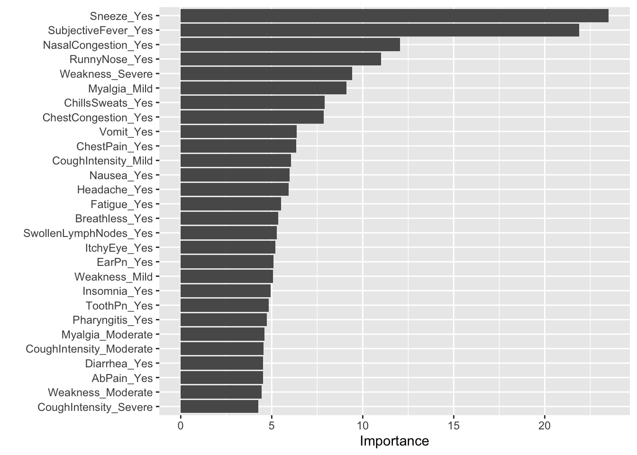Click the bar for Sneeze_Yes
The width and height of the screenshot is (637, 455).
click(x=394, y=16)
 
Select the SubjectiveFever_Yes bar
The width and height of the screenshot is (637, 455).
click(x=380, y=30)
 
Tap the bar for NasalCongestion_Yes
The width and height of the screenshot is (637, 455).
click(x=290, y=45)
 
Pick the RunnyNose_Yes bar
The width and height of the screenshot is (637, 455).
click(x=281, y=59)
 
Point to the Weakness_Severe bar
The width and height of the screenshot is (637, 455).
click(x=266, y=73)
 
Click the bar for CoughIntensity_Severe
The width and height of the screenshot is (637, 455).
click(x=219, y=407)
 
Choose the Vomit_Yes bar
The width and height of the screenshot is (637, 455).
click(x=238, y=132)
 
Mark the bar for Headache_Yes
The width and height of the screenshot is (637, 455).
click(x=235, y=190)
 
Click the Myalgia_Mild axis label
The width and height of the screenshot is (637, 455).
click(x=120, y=89)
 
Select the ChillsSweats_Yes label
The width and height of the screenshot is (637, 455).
click(x=109, y=103)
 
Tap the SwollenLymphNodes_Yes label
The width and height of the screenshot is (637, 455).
click(x=88, y=233)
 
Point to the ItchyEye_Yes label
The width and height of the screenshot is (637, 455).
click(x=119, y=248)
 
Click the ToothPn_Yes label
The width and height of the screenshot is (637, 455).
click(x=119, y=305)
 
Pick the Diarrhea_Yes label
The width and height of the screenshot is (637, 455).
click(x=119, y=364)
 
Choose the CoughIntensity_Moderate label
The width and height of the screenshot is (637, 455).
click(x=89, y=349)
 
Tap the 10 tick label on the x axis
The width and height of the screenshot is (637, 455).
click(x=363, y=426)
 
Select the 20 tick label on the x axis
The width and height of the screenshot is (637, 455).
click(x=545, y=426)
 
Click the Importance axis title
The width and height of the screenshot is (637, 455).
click(x=394, y=441)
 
